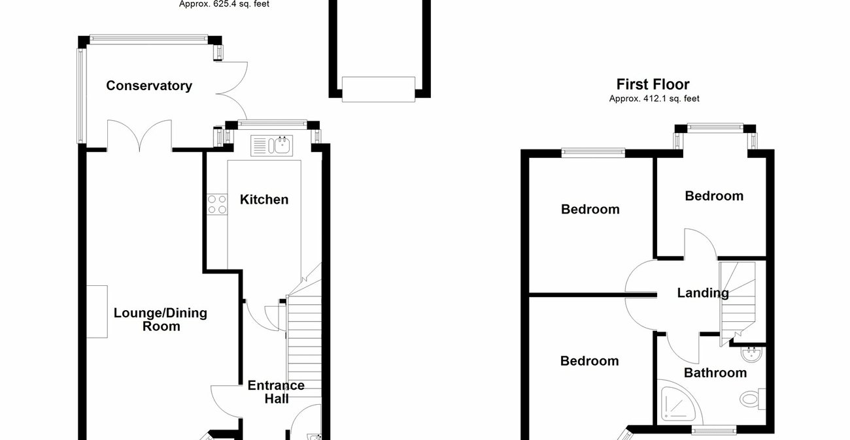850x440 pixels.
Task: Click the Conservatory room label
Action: [x=149, y=86]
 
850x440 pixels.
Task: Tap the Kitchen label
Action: [x=264, y=199]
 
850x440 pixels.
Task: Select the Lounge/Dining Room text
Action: [x=160, y=319]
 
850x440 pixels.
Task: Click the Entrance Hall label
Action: [x=276, y=392]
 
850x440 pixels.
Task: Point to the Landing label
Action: [x=703, y=293]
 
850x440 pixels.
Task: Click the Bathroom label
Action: [x=715, y=373]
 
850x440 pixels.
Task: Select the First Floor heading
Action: [x=653, y=84]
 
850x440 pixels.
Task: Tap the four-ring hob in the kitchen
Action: [x=217, y=204]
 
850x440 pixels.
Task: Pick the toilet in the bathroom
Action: [x=753, y=398]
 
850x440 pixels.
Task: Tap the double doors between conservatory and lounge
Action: [x=140, y=135]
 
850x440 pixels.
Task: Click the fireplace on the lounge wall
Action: [x=96, y=311]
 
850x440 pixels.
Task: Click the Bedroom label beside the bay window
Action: [x=714, y=196]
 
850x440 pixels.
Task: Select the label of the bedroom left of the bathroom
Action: [x=589, y=361]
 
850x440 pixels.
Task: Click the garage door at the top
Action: [x=379, y=89]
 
